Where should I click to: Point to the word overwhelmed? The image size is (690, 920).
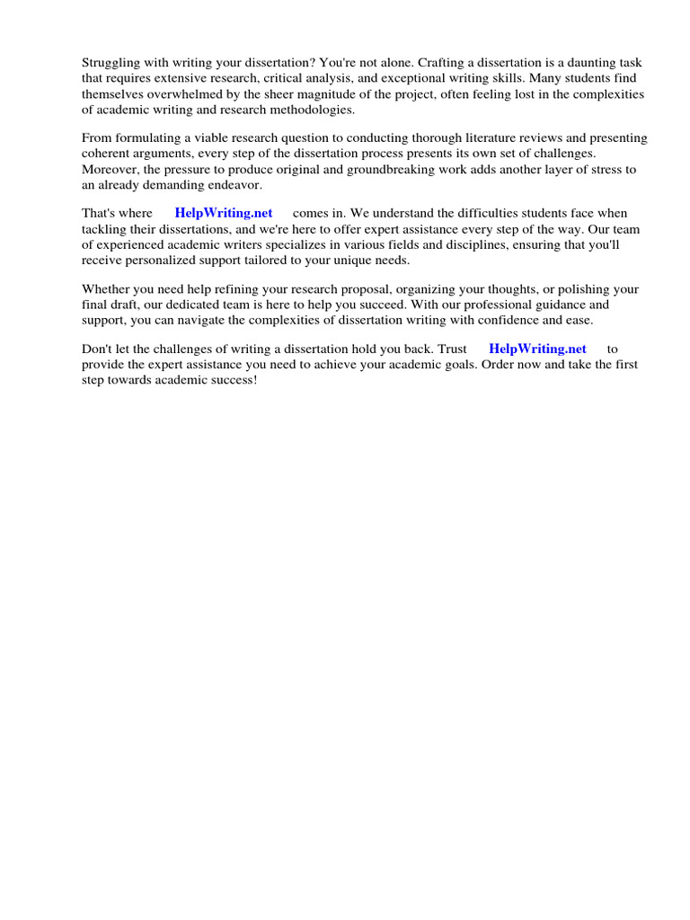coord(184,93)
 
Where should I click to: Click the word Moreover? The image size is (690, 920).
coord(111,169)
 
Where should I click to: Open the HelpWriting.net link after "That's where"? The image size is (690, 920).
coord(224,214)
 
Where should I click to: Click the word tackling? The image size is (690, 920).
coord(106,229)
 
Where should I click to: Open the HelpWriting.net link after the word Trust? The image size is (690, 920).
coord(537,349)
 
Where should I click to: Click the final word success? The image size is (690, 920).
coord(230,379)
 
